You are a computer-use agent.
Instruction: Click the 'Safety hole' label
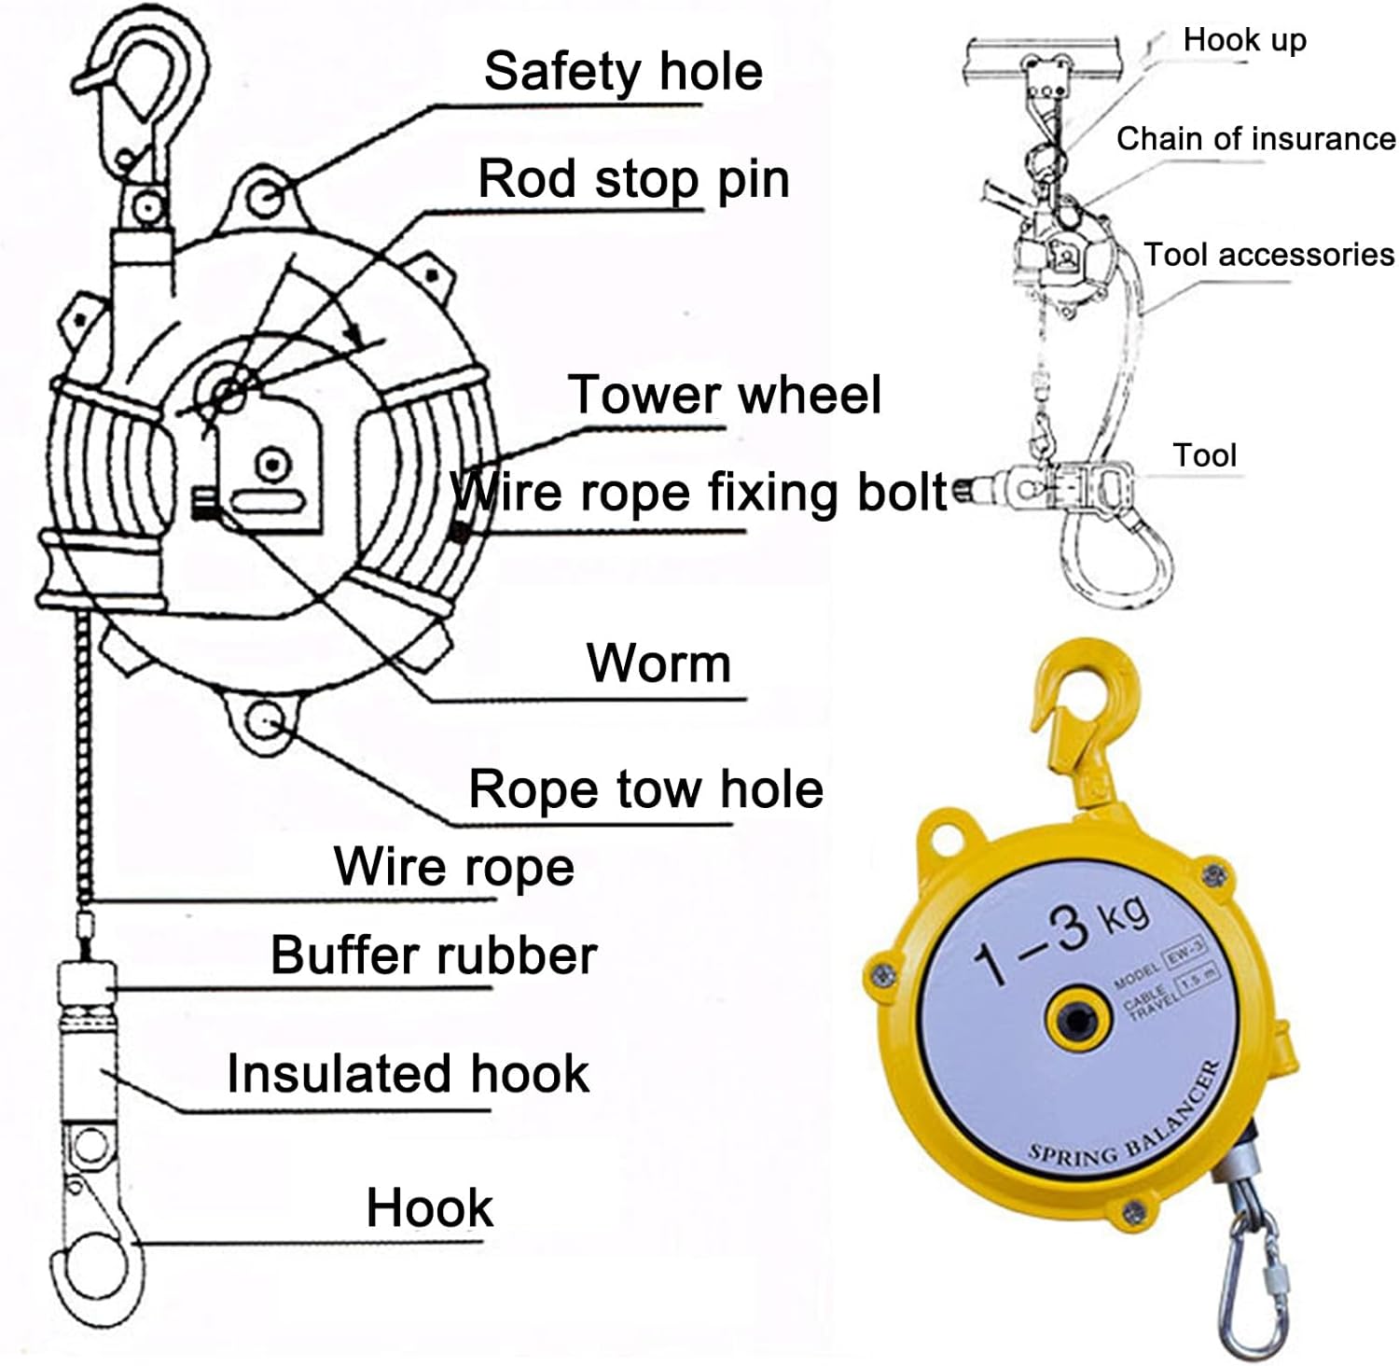(623, 72)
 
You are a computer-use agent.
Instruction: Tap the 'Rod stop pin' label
(633, 178)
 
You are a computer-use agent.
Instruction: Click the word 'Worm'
(658, 663)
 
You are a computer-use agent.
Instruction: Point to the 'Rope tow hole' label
(645, 789)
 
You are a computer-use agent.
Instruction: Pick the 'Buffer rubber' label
(434, 955)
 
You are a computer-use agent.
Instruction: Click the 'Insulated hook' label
(408, 1073)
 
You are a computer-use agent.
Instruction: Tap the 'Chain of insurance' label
(1255, 139)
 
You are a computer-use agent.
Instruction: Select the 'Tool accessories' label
(1268, 255)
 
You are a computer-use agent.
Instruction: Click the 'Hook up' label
(1244, 40)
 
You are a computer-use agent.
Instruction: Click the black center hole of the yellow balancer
(1079, 1022)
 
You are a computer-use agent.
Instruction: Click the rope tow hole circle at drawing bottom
(266, 721)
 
